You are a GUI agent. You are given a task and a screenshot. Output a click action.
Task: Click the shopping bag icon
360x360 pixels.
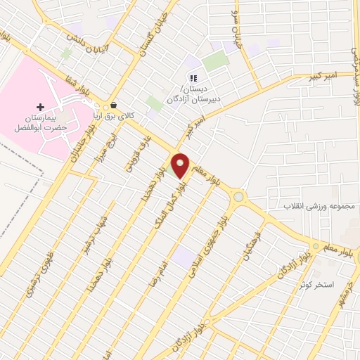pyautogui.click(x=113, y=107)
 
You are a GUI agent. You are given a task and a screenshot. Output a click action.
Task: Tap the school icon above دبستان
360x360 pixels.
pyautogui.click(x=193, y=78)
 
